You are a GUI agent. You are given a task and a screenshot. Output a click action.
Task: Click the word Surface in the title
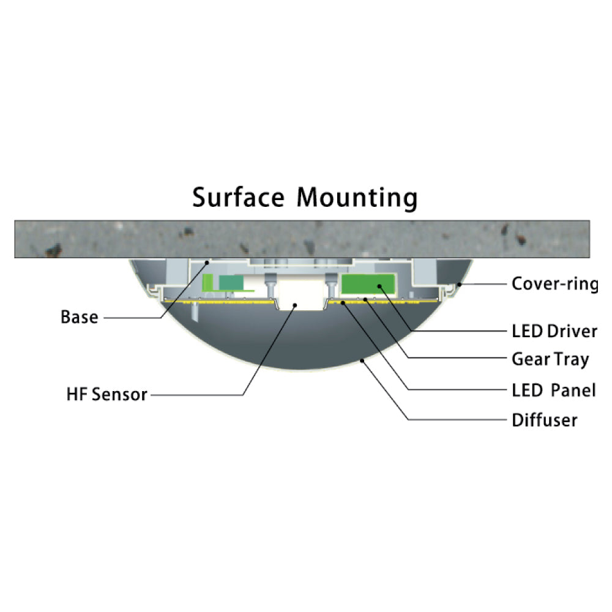(x=239, y=197)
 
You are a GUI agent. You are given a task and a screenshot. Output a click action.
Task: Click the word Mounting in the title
(x=357, y=198)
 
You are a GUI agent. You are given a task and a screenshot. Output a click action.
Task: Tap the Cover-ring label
(x=554, y=284)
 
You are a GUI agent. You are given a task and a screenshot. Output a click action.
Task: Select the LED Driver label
(x=554, y=331)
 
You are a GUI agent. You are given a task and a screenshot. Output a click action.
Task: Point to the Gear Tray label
(x=550, y=359)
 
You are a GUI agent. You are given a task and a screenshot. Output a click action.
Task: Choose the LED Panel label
(x=553, y=390)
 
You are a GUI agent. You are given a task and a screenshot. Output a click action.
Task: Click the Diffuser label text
(x=545, y=420)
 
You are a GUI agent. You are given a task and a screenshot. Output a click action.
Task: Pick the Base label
(x=79, y=317)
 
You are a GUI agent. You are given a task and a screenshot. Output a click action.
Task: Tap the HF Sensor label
(x=106, y=394)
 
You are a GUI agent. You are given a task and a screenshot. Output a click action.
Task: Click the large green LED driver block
(x=368, y=284)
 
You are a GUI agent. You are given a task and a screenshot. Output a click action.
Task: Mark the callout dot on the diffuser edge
(x=362, y=360)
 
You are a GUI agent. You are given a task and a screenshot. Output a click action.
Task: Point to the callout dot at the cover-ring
(x=460, y=285)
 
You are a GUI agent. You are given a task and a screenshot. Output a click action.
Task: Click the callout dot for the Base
(x=207, y=263)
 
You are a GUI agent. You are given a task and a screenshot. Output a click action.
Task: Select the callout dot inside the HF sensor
(x=295, y=305)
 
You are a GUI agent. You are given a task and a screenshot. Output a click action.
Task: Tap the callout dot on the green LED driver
(x=379, y=286)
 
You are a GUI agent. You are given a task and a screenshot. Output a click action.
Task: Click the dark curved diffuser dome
(x=300, y=340)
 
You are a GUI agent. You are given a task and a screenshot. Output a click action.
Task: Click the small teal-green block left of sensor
(x=231, y=283)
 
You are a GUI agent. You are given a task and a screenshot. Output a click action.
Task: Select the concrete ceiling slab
(x=302, y=239)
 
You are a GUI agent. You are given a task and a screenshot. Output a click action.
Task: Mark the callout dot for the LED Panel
(x=343, y=302)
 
